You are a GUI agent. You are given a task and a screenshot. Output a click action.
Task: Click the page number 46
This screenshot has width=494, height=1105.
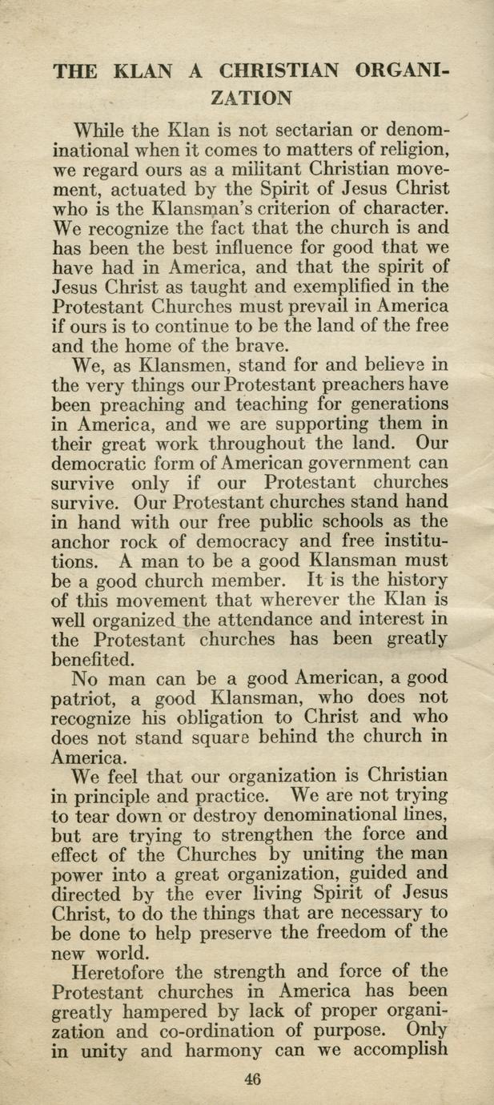coord(253,1079)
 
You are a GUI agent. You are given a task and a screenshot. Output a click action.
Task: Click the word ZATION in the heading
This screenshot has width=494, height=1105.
coord(249,98)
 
